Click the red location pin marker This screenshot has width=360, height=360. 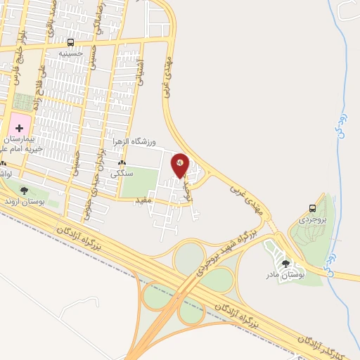point(180,166)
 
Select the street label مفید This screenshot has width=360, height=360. point(143,200)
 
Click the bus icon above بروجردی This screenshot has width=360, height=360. point(312,207)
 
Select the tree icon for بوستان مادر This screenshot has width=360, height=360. point(285,263)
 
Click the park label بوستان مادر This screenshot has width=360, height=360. point(285,274)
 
